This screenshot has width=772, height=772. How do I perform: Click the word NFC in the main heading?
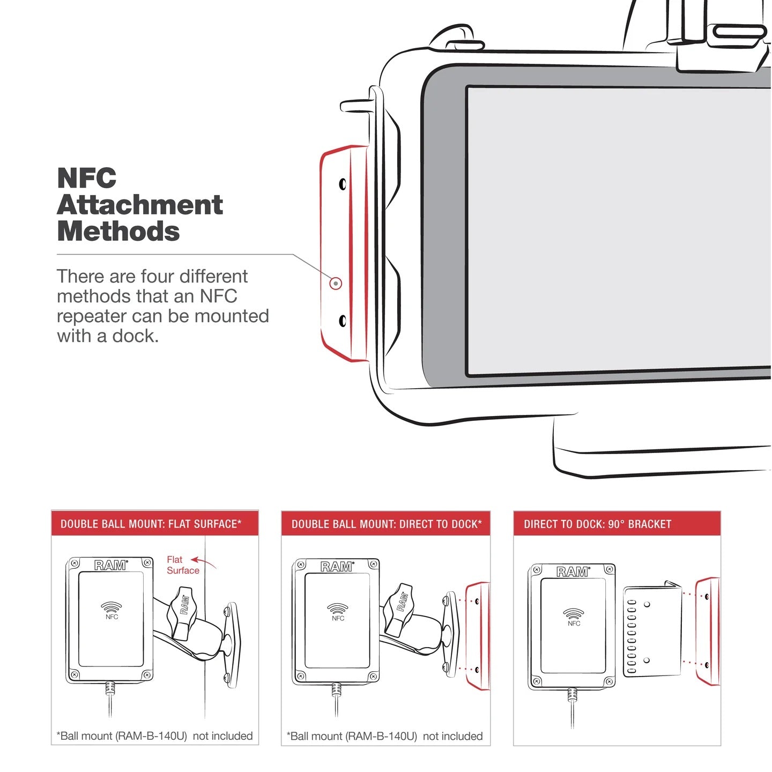(86, 179)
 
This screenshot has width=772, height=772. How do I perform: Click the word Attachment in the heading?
(139, 205)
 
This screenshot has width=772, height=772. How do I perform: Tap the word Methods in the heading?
(118, 232)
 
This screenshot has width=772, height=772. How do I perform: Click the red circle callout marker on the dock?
(336, 283)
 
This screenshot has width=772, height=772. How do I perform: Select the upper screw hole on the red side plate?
(343, 184)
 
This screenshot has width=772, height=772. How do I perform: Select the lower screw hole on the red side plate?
(343, 321)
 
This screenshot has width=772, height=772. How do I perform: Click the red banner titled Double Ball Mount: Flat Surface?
(154, 524)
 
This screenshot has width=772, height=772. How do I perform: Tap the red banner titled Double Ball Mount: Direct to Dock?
(386, 524)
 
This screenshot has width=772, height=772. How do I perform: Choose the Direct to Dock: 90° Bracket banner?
(617, 524)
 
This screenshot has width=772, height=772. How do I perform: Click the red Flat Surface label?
(182, 565)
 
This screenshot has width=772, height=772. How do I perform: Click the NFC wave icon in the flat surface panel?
(112, 608)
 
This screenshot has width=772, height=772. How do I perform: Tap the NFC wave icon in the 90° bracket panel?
(574, 614)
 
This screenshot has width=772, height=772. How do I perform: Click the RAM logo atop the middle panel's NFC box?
(336, 567)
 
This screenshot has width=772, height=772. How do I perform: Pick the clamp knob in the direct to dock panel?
(400, 608)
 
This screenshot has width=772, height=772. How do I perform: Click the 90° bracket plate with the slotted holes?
(652, 630)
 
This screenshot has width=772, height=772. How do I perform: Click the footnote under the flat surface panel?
(154, 736)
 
